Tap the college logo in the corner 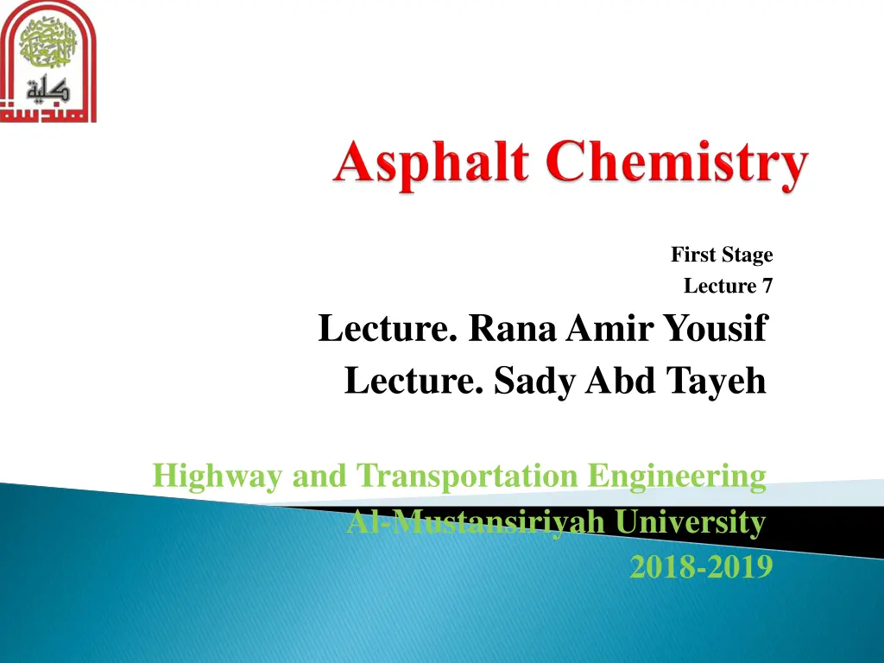48,61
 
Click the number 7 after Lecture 767,286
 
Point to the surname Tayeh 718,381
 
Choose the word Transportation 470,476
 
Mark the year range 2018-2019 700,567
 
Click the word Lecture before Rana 388,329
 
